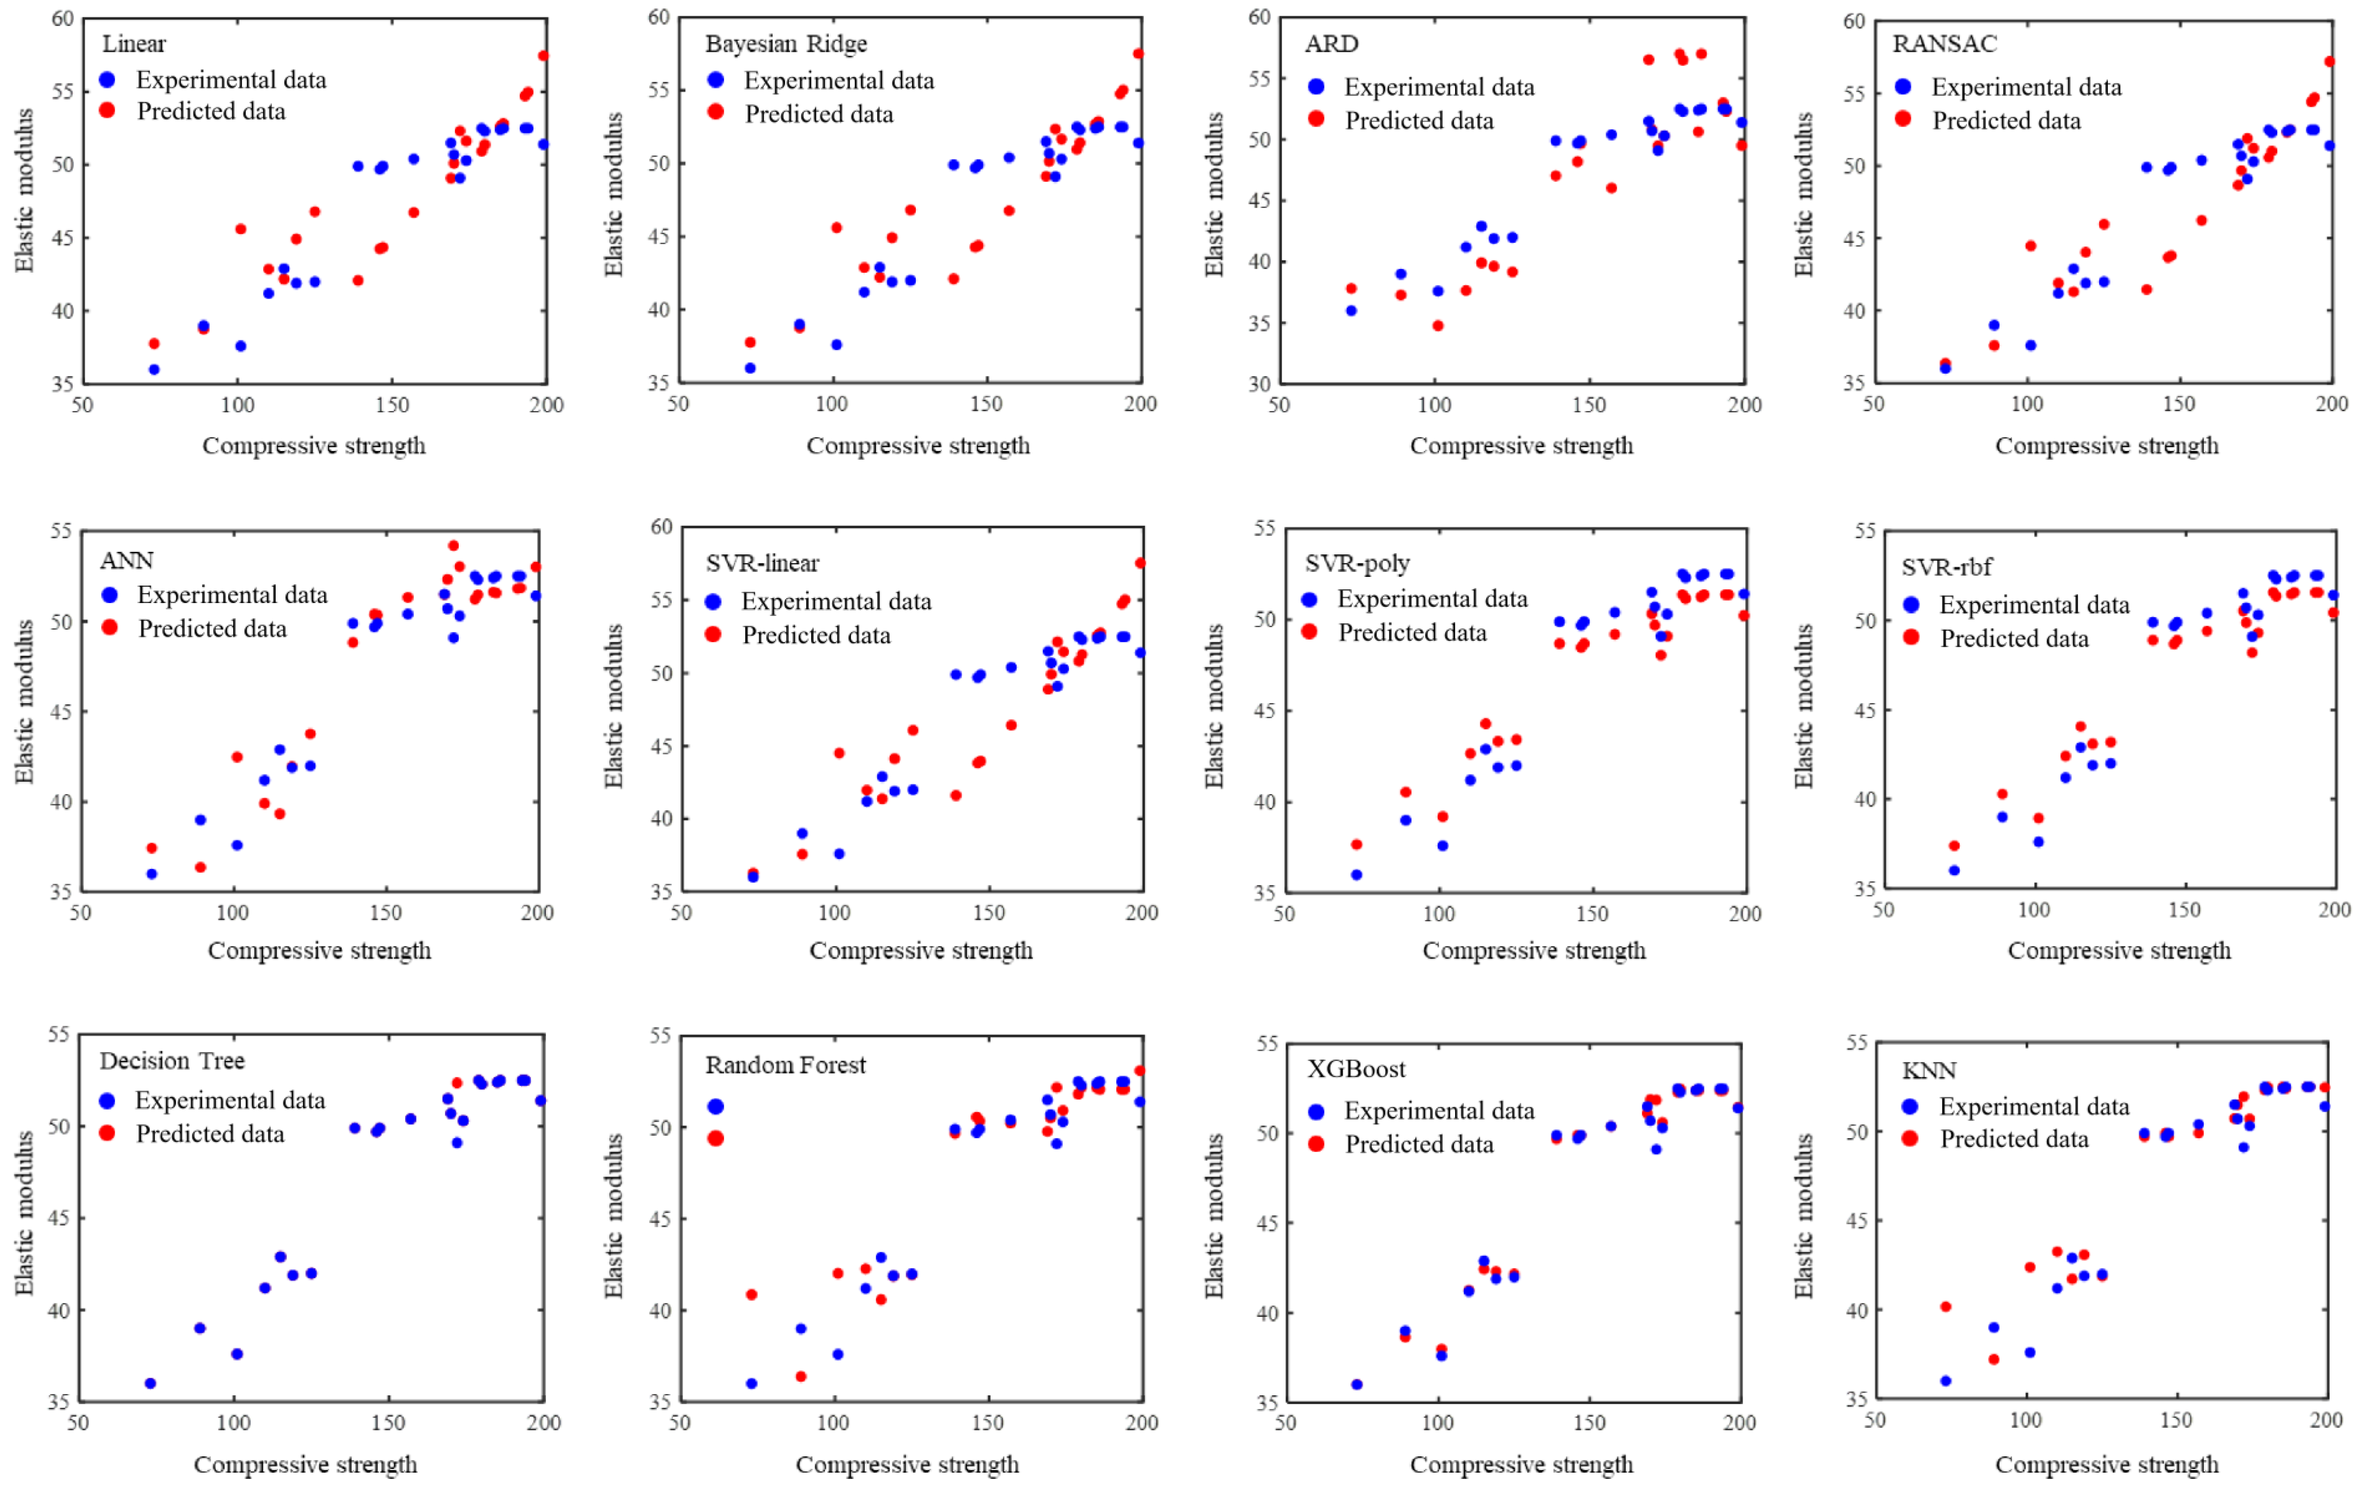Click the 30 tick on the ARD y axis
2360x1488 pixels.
click(1259, 384)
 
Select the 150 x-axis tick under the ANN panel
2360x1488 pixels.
click(385, 912)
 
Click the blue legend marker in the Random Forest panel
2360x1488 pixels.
click(715, 1107)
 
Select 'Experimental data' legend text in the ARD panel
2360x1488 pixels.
click(1439, 87)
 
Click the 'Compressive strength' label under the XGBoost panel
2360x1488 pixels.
click(1521, 1464)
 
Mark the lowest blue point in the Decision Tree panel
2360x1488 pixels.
click(150, 1383)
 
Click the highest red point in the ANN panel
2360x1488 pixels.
click(453, 546)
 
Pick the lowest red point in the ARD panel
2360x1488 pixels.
click(1438, 326)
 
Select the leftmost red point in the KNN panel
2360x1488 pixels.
click(1945, 1307)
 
